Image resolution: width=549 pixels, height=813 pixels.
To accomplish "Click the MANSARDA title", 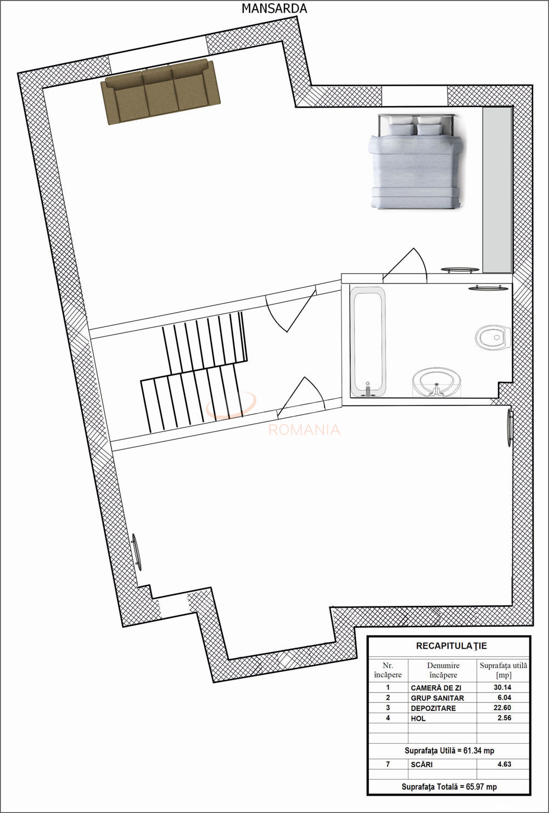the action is (274, 9).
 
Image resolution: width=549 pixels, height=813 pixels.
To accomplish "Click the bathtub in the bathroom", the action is (368, 341).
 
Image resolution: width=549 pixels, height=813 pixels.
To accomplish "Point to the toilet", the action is (492, 337).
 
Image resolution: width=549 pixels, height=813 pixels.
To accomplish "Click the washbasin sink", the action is (437, 382).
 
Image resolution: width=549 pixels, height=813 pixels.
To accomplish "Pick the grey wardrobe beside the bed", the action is (497, 190).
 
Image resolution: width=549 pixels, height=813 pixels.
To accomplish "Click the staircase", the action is (194, 371).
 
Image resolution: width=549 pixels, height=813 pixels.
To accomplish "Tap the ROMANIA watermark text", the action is (304, 430).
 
